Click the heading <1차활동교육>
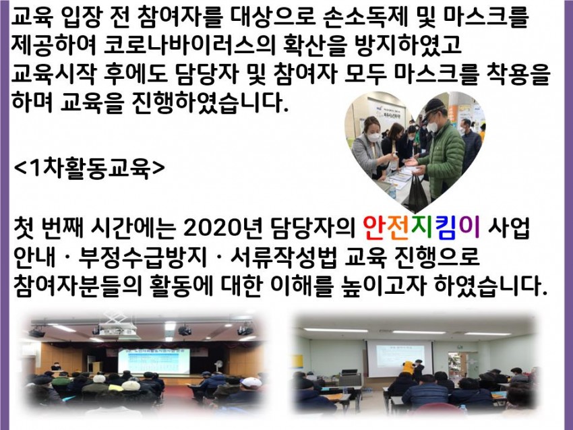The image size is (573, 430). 90,168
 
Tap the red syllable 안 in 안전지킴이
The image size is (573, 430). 375,228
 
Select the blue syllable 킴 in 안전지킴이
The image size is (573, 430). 444,228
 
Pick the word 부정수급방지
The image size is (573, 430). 142,257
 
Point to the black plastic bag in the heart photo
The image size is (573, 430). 417,192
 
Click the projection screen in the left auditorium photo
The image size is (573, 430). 154,360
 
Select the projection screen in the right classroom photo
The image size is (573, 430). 400,357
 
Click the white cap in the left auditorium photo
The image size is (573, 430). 251,382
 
